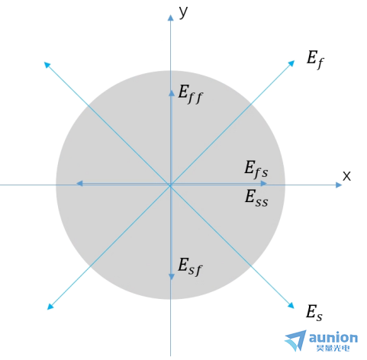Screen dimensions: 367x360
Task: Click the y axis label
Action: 183,12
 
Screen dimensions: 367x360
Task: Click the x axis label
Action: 346,176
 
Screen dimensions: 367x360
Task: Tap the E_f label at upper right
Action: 315,59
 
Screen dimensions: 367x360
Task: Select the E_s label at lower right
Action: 314,313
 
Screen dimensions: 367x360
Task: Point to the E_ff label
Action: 190,95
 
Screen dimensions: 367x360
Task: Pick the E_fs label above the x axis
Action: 256,169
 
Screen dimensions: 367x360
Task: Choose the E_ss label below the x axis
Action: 256,198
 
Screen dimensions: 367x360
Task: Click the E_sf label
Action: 190,267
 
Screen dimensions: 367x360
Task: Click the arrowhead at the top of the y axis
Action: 170,18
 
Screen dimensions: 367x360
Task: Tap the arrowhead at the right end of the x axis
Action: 339,185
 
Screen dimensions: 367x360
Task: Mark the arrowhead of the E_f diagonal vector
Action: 291,63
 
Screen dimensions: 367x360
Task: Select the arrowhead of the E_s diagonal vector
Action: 291,305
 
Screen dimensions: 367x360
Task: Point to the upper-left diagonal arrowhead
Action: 47,65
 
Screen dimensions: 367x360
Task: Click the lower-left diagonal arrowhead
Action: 50,307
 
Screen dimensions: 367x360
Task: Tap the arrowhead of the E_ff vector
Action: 172,93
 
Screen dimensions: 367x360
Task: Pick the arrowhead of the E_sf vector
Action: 172,277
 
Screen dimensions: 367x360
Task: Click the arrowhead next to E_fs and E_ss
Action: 264,183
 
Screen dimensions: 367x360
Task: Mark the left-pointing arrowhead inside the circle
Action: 79,183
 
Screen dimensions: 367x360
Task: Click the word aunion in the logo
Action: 333,338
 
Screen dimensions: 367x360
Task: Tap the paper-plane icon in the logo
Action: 296,341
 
